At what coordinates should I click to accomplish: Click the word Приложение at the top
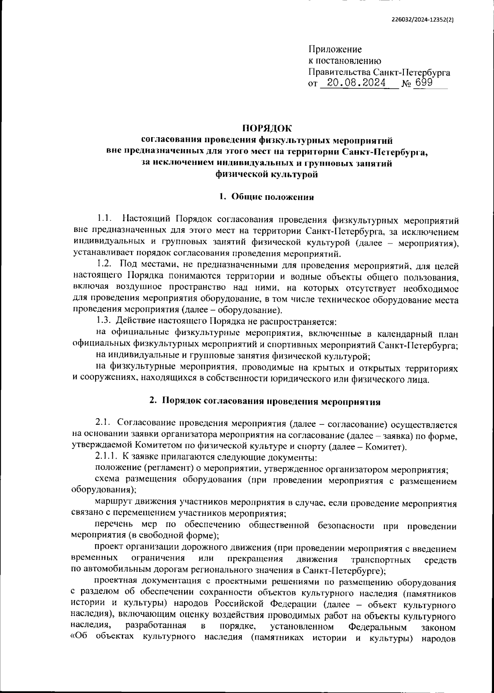335,50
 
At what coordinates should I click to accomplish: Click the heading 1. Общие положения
266,197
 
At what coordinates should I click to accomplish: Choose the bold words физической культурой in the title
266,175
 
